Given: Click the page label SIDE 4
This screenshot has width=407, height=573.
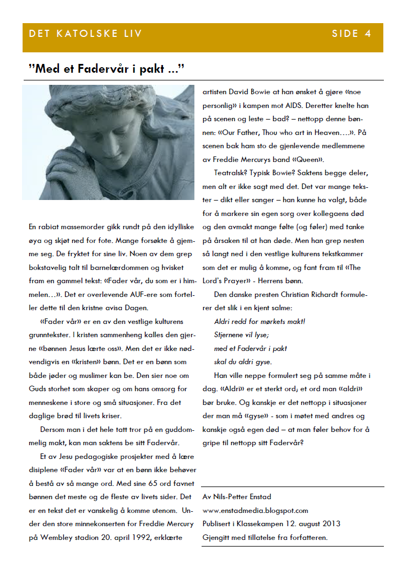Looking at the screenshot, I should click(351, 34).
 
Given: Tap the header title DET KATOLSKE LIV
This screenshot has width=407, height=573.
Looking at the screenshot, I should click(85, 34).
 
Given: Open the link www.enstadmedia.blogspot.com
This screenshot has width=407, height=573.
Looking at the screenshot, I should click(255, 511).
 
